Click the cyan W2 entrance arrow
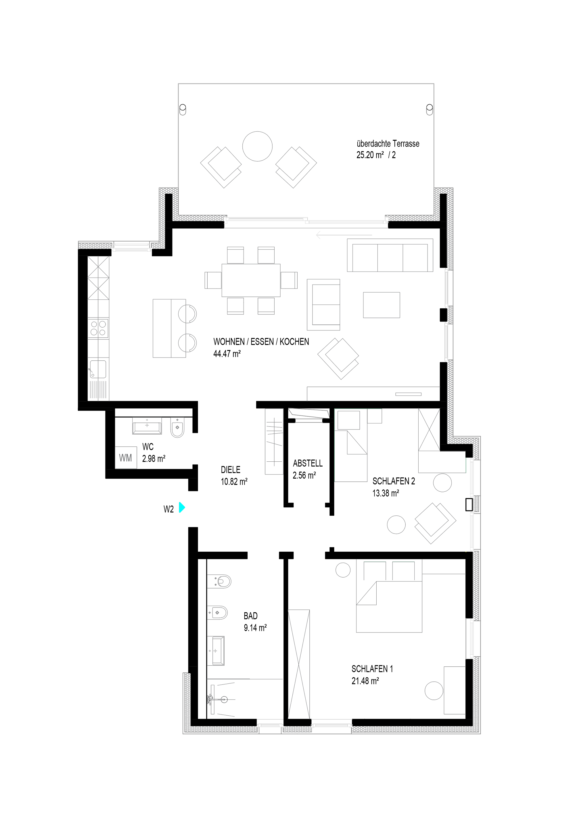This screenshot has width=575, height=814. [x=182, y=507]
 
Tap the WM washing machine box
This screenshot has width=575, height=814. [x=126, y=458]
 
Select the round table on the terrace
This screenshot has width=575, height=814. [x=257, y=146]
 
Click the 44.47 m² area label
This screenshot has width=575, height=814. [x=227, y=354]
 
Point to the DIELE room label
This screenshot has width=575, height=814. [x=230, y=470]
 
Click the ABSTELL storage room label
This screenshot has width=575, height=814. [x=308, y=463]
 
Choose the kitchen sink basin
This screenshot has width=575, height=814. [x=97, y=369]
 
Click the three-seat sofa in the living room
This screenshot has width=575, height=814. [x=390, y=255]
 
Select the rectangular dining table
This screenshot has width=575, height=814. [x=251, y=280]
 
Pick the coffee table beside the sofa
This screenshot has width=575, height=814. [x=382, y=305]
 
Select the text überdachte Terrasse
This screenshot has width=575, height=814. [x=388, y=144]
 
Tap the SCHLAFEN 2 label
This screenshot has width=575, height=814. [x=394, y=481]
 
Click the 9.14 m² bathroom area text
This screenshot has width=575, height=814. [x=255, y=628]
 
